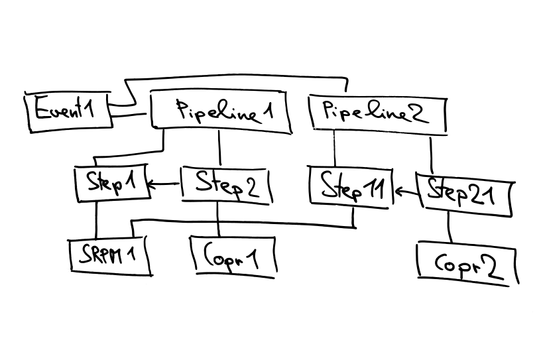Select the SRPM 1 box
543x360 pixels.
[x=109, y=256]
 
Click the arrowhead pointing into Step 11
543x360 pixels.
[x=398, y=193]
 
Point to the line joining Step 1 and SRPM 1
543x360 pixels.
[x=97, y=219]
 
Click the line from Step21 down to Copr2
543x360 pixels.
[x=450, y=229]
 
